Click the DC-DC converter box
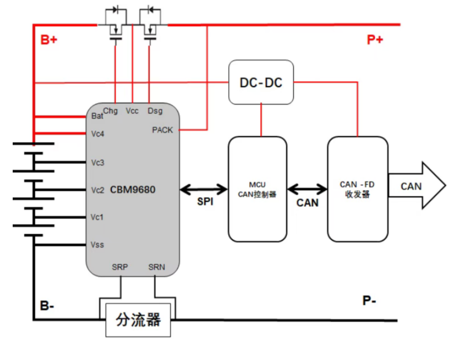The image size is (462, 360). pyautogui.click(x=261, y=82)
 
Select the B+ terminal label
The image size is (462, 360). pyautogui.click(x=49, y=40)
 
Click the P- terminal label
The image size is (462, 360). pyautogui.click(x=370, y=301)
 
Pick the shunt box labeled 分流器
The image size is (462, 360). pyautogui.click(x=139, y=320)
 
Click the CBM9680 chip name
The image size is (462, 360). pyautogui.click(x=132, y=190)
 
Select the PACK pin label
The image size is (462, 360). pyautogui.click(x=163, y=130)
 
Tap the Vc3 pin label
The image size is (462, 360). pyautogui.click(x=98, y=162)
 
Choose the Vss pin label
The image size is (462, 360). pyautogui.click(x=98, y=245)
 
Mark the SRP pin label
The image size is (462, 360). pyautogui.click(x=120, y=267)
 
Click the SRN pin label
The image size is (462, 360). pyautogui.click(x=156, y=267)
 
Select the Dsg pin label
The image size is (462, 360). pyautogui.click(x=155, y=111)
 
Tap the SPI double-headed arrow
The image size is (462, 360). pyautogui.click(x=204, y=189)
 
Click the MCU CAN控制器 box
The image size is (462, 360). pyautogui.click(x=258, y=189)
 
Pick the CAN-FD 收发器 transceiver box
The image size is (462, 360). pyautogui.click(x=357, y=189)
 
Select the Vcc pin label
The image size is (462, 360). pyautogui.click(x=132, y=111)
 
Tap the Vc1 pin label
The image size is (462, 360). pyautogui.click(x=98, y=217)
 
